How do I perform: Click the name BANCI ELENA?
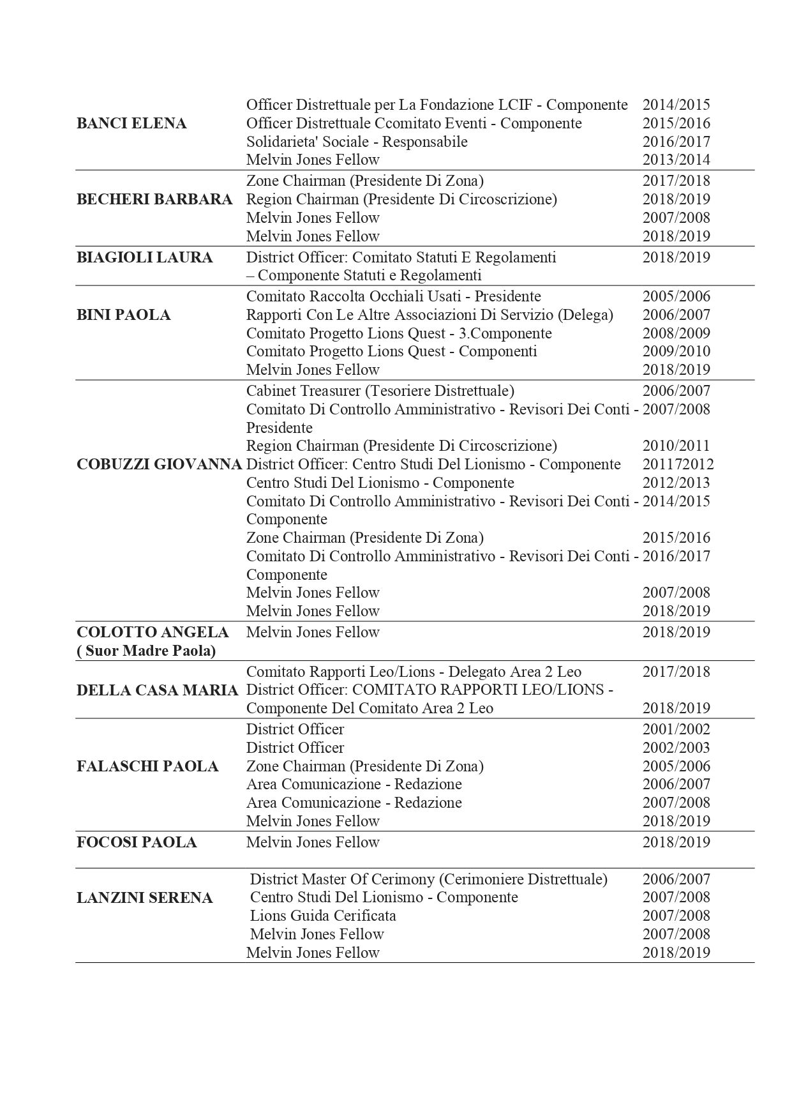[x=131, y=123]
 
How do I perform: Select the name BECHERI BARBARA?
[x=154, y=199]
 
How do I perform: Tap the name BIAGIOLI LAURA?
[x=144, y=257]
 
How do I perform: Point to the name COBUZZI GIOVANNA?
[x=160, y=464]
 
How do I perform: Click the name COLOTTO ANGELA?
[x=153, y=632]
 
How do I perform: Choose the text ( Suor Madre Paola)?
[x=146, y=651]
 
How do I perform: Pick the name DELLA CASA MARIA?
[x=158, y=690]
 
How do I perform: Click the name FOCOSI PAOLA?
[x=137, y=842]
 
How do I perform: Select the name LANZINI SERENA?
[x=144, y=898]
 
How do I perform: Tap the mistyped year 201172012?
[x=678, y=464]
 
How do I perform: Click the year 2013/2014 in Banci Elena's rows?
[x=676, y=160]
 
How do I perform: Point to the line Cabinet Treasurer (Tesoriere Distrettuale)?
[x=380, y=391]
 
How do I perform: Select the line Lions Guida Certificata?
[x=323, y=916]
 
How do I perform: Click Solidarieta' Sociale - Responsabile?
[x=357, y=142]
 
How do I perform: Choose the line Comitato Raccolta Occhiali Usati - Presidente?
[x=393, y=296]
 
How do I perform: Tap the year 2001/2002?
[x=676, y=729]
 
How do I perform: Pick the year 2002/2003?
[x=676, y=748]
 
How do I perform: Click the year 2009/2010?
[x=676, y=351]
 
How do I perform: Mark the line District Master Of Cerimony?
[x=428, y=879]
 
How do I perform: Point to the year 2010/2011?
[x=676, y=446]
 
